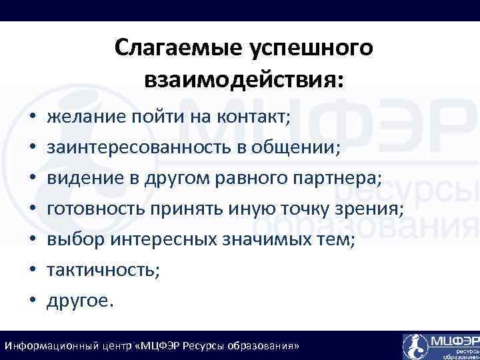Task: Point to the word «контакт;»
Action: [253, 117]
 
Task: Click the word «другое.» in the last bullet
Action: [81, 300]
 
